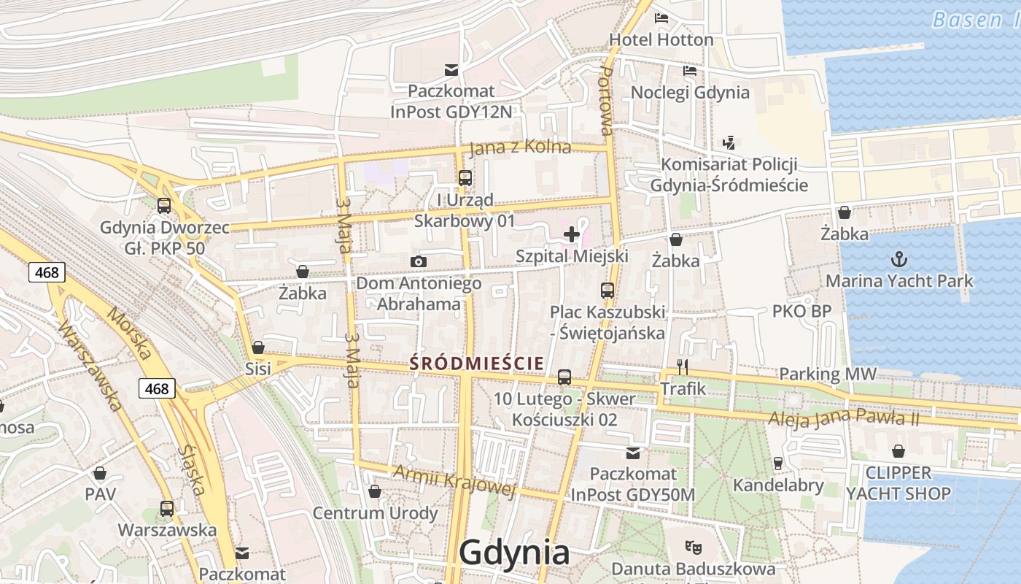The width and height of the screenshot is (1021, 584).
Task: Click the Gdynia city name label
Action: click(x=514, y=553)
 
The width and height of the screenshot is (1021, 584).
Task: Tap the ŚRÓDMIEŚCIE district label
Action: click(x=477, y=363)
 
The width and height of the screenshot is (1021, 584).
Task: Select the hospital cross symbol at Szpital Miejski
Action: click(x=572, y=234)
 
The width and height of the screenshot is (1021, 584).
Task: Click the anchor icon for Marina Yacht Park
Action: click(x=899, y=259)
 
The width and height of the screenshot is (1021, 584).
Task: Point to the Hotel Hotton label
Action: click(x=661, y=39)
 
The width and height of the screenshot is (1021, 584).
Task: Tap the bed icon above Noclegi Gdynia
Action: click(x=689, y=71)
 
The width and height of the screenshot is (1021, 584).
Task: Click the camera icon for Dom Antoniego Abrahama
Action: click(x=418, y=261)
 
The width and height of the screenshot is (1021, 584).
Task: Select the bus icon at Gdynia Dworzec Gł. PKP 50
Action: click(x=164, y=206)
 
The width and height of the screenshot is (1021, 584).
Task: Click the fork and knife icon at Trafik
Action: click(x=683, y=366)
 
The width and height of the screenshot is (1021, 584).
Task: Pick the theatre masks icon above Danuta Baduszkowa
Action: click(x=692, y=546)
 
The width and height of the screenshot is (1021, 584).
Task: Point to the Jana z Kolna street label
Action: click(x=520, y=147)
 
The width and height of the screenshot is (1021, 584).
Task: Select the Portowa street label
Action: click(x=605, y=101)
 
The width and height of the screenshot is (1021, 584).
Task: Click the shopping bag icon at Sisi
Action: click(x=257, y=347)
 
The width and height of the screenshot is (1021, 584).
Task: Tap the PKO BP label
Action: click(x=801, y=312)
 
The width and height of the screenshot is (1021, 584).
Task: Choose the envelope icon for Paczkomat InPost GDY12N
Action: click(x=451, y=70)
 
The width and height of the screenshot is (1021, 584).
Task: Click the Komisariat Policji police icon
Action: click(x=729, y=142)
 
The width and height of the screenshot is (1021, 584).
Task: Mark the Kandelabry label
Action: click(x=778, y=485)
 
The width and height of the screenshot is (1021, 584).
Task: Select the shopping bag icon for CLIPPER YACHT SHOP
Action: click(x=898, y=452)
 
